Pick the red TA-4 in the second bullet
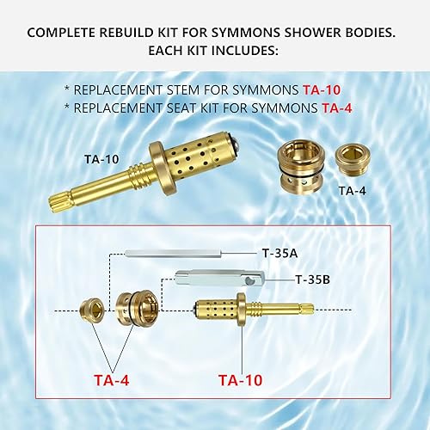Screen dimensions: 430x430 click(x=340, y=107)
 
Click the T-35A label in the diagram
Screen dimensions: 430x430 click(x=279, y=254)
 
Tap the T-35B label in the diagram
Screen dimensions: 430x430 click(x=311, y=279)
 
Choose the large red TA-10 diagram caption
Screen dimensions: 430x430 click(x=241, y=378)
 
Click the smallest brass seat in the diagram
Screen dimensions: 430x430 click(x=91, y=309)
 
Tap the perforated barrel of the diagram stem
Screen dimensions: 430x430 click(x=214, y=309)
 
